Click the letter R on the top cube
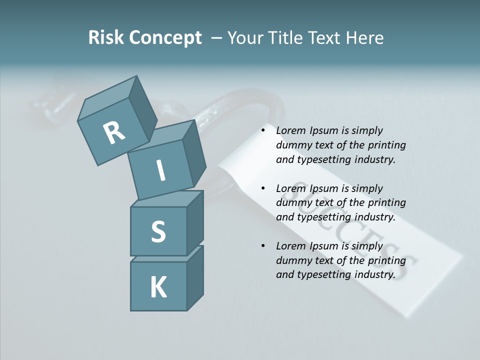tap(114, 133)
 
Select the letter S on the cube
tap(158, 231)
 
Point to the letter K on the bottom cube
tap(158, 287)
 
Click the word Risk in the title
tap(106, 38)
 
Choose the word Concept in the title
tap(165, 38)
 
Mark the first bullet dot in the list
tap(263, 131)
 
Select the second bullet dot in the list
tap(263, 189)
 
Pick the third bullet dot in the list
tap(263, 246)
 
